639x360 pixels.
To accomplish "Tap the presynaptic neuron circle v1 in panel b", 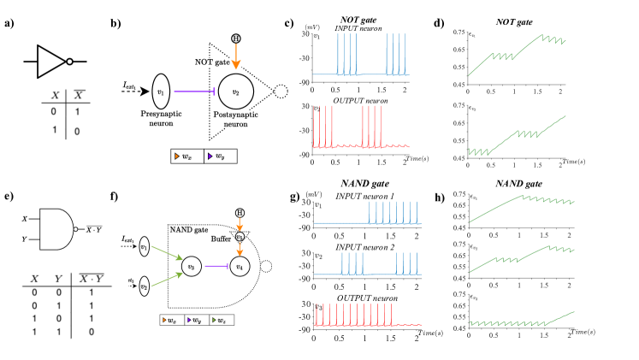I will click(161, 87).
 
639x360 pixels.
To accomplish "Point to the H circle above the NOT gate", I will click(234, 39).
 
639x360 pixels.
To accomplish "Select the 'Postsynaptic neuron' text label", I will click(231, 119).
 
